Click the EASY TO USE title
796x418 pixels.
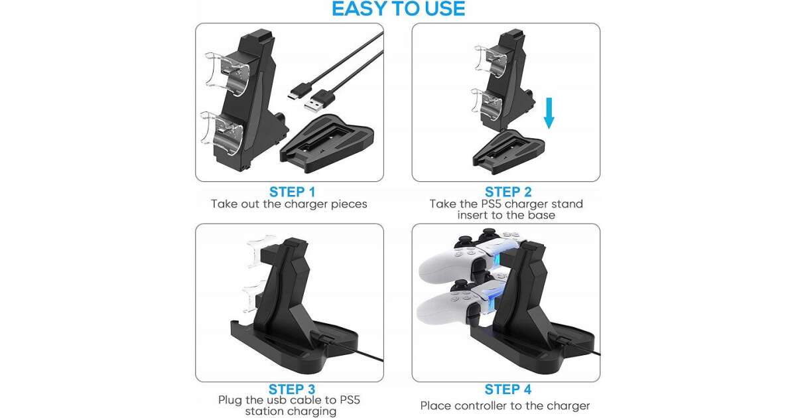tap(398, 9)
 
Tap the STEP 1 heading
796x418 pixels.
tap(292, 192)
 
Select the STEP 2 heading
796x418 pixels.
tap(508, 192)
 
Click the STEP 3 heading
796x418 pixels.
tap(292, 389)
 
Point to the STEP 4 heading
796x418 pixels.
tap(508, 389)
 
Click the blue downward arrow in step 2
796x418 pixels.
tap(549, 113)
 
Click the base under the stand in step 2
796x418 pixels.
tap(508, 152)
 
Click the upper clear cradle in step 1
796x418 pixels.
tap(225, 74)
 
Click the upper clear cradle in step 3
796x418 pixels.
tap(257, 252)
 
